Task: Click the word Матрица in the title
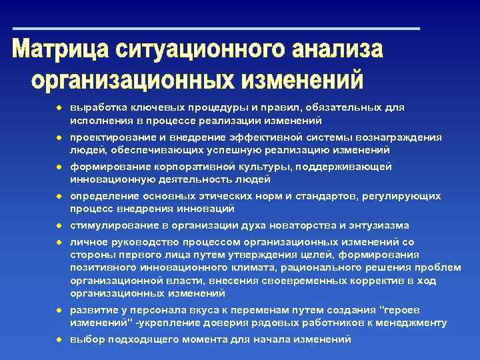pos(61,51)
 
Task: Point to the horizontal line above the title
pos(217,29)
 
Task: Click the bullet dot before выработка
pos(59,107)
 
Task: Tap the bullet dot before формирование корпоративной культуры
pos(59,166)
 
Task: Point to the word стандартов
pos(336,196)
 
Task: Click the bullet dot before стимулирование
pos(59,225)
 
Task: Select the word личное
pos(87,242)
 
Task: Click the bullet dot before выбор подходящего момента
pos(59,339)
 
